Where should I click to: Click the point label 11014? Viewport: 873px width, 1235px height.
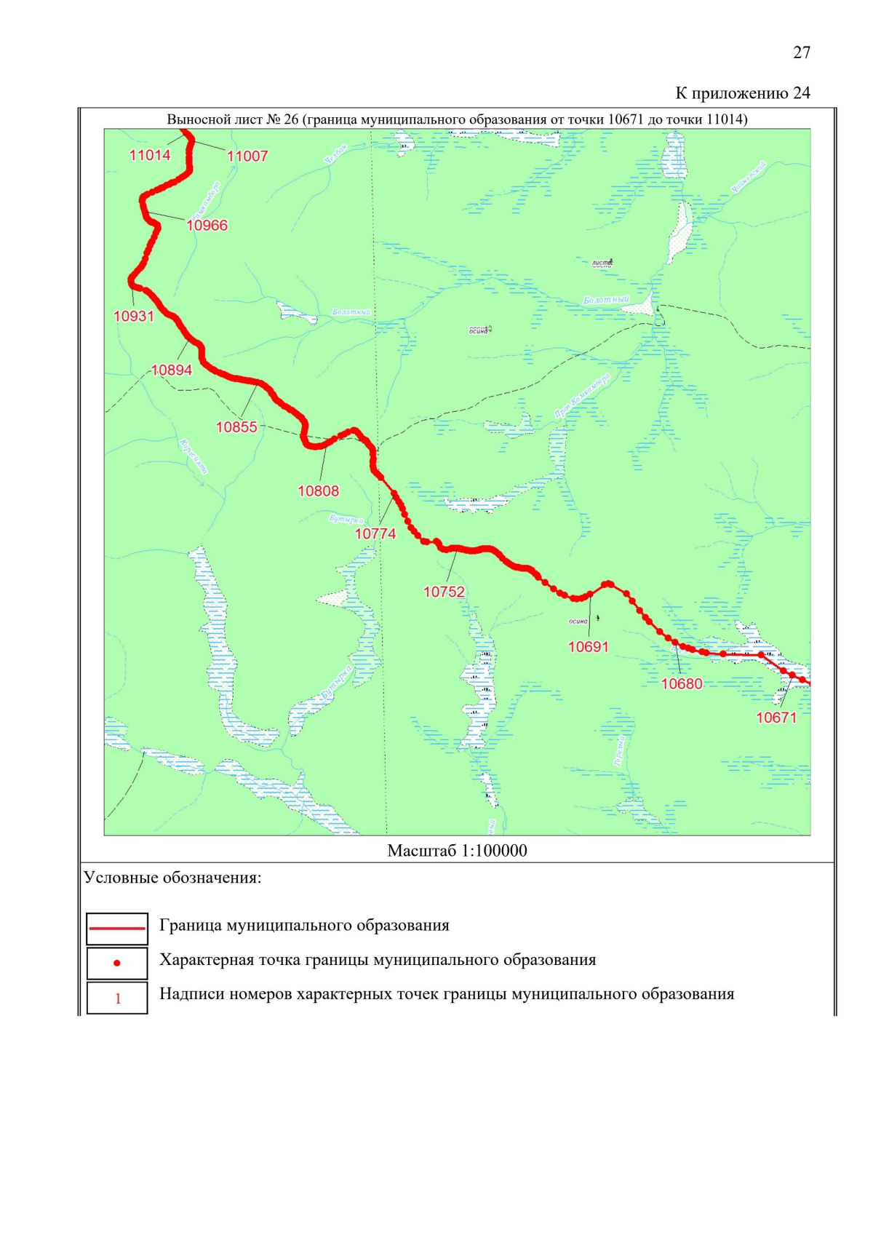pos(150,155)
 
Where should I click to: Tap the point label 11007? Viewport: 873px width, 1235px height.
pos(247,156)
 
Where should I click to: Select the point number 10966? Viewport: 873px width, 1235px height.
pos(207,226)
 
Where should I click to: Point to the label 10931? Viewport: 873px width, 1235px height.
pos(134,316)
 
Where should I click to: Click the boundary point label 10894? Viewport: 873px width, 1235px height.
pos(172,370)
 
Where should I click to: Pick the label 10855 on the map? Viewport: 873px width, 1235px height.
pos(236,427)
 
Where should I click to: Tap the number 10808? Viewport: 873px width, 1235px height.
pos(318,491)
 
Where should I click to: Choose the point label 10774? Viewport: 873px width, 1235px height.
pos(375,534)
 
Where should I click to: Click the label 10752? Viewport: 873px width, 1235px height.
pos(444,592)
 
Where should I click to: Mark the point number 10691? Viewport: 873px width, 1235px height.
pos(588,647)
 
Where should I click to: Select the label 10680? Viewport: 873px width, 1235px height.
pos(682,683)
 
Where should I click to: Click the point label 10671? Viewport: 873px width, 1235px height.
pos(776,718)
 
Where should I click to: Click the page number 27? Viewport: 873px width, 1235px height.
pos(801,52)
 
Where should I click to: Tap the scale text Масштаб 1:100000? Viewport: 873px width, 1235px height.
pos(457,851)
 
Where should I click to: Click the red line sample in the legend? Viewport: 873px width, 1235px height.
pos(117,928)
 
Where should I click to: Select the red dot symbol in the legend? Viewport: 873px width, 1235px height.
pos(117,963)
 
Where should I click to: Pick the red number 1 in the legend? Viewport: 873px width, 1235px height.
pos(118,998)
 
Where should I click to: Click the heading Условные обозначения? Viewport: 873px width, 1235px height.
pos(172,878)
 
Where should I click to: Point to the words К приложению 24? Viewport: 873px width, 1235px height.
pos(742,93)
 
